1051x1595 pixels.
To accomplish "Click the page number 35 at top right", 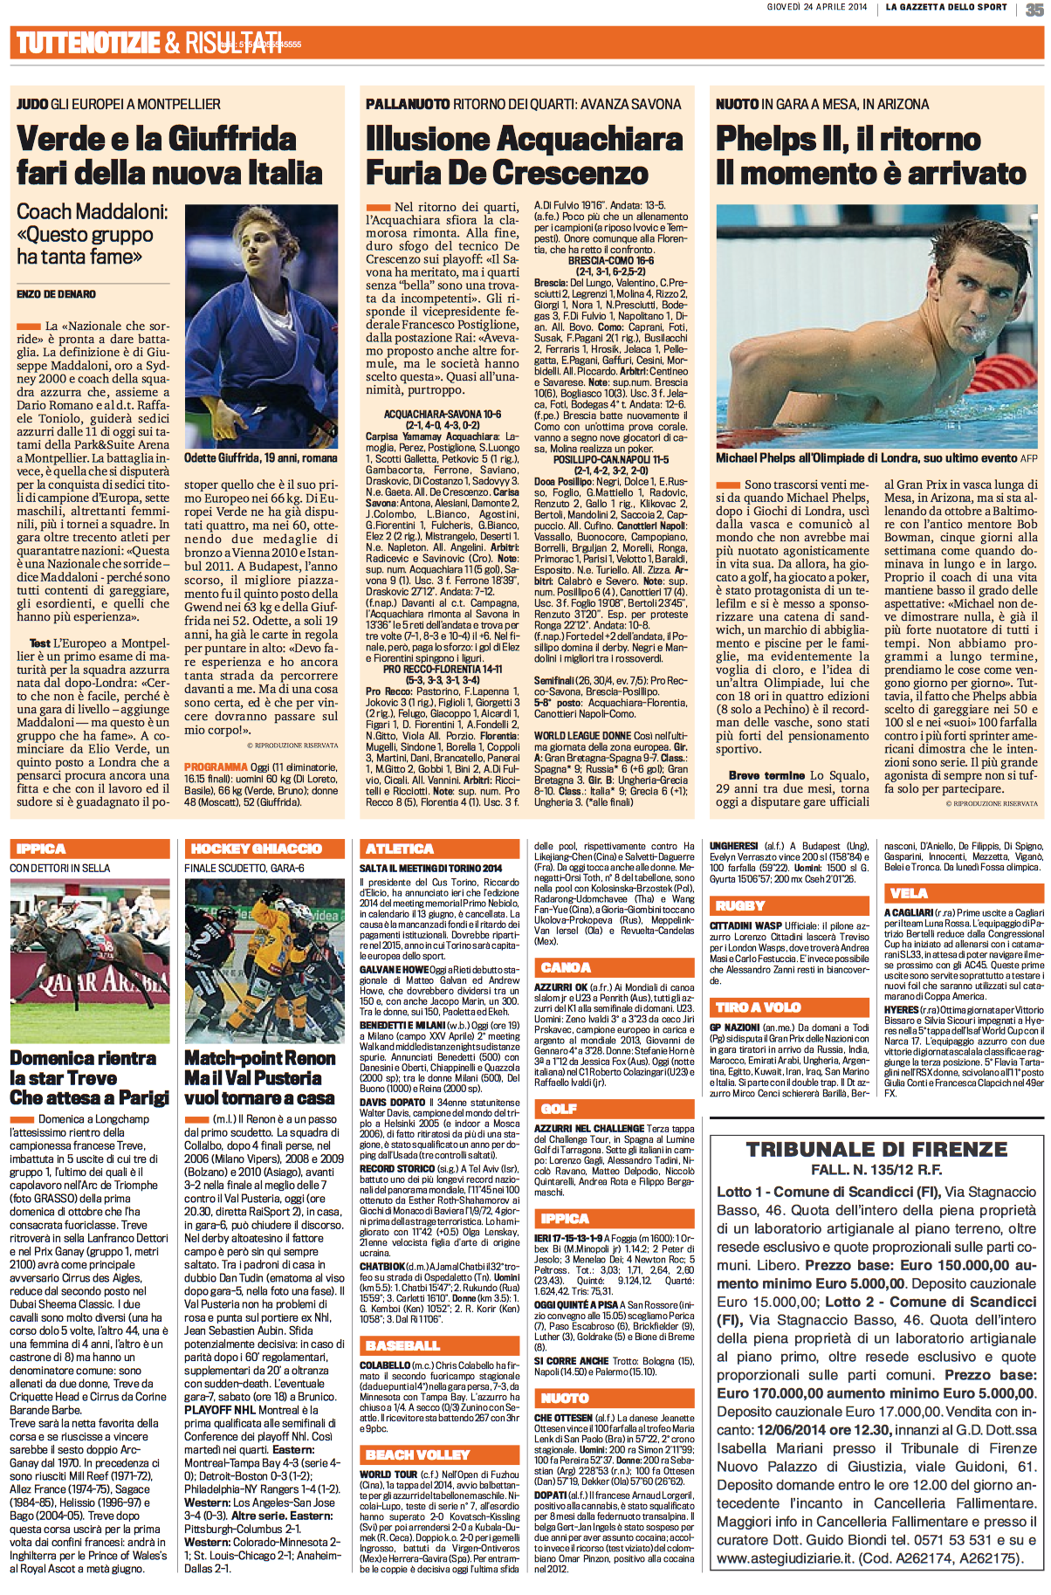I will click(x=1035, y=9).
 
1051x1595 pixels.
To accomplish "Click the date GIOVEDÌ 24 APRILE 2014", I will click(x=817, y=7).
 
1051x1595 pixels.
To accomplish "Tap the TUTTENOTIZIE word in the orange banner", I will click(x=87, y=42).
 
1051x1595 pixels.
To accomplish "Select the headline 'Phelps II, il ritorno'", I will click(x=848, y=139).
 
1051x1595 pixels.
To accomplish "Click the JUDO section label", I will click(x=31, y=104).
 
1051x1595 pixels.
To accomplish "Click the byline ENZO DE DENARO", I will click(x=56, y=294).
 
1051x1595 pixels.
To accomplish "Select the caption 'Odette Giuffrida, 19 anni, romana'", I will click(x=260, y=457).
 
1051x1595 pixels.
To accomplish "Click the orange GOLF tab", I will click(x=559, y=1109).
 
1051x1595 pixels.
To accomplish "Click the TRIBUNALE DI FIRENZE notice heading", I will click(x=876, y=1149).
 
